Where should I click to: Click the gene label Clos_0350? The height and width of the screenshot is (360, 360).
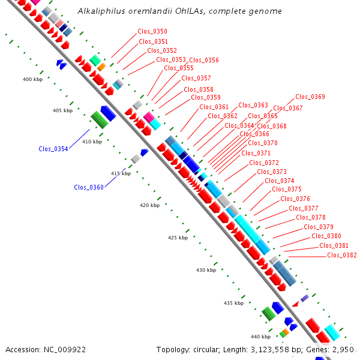point(153,31)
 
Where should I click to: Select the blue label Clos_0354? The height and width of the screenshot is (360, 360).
point(53,149)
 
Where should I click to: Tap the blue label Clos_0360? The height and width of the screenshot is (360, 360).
point(89,187)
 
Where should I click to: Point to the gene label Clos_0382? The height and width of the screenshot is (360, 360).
point(342,255)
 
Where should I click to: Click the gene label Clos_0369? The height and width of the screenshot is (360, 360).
point(310,97)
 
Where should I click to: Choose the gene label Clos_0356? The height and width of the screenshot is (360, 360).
point(204,60)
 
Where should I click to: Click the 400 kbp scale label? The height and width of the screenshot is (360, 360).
point(33,79)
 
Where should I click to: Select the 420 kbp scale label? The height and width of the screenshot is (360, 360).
point(150,205)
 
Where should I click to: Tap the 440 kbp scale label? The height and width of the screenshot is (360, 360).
point(260,336)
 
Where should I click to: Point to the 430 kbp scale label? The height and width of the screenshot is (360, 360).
point(206,270)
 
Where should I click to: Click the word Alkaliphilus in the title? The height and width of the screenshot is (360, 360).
point(101,11)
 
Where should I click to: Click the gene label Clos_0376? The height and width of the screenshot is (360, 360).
point(295,199)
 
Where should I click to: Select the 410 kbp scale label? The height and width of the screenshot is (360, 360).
point(92,142)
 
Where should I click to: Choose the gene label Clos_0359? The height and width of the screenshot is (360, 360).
point(206,97)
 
